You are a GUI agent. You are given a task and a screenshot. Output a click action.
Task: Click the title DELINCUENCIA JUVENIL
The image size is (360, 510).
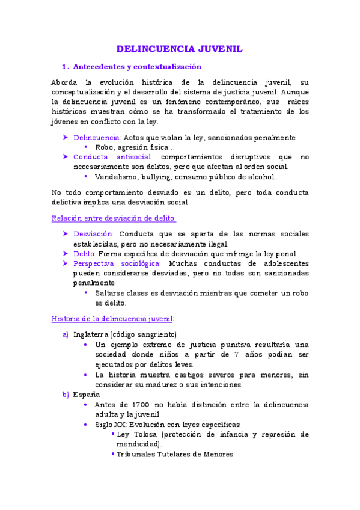tap(179, 49)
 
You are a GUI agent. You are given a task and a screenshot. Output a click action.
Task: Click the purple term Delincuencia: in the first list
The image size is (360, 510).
tap(97, 138)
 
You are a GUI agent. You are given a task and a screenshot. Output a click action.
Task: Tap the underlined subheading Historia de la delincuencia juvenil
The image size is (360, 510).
tap(112, 318)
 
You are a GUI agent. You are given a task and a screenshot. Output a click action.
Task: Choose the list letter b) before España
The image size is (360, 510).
tap(66, 394)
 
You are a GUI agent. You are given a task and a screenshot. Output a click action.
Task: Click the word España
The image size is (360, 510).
tap(86, 394)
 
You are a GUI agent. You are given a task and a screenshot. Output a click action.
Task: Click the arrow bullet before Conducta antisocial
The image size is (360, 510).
tap(66, 157)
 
